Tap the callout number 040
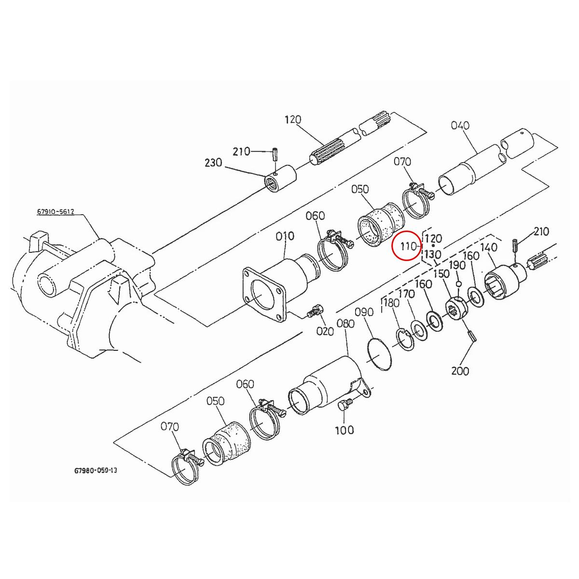[x=460, y=125]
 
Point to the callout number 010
[x=285, y=236]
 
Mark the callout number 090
[x=364, y=312]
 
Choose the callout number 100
[x=344, y=429]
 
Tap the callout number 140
[x=488, y=247]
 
